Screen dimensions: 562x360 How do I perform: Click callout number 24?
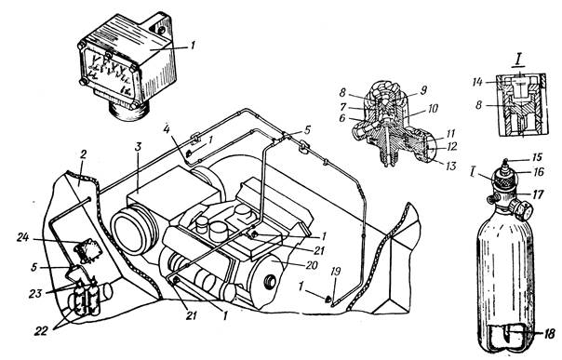pyautogui.click(x=23, y=237)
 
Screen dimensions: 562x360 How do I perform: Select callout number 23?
pyautogui.click(x=36, y=293)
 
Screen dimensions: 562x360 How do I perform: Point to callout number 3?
pyautogui.click(x=138, y=147)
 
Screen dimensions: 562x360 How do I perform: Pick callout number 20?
pyautogui.click(x=312, y=265)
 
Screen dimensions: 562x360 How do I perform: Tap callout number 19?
pyautogui.click(x=335, y=273)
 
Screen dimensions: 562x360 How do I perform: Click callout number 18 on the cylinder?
pyautogui.click(x=549, y=333)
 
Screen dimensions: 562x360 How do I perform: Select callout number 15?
pyautogui.click(x=537, y=157)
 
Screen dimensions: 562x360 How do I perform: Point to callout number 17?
pyautogui.click(x=537, y=194)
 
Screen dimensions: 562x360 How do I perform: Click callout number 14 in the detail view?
pyautogui.click(x=477, y=83)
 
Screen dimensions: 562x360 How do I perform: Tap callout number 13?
pyautogui.click(x=449, y=166)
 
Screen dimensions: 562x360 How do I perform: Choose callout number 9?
pyautogui.click(x=423, y=90)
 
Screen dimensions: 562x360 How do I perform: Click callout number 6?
pyautogui.click(x=342, y=117)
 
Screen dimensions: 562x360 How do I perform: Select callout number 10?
pyautogui.click(x=433, y=108)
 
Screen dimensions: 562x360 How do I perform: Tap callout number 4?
pyautogui.click(x=167, y=128)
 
